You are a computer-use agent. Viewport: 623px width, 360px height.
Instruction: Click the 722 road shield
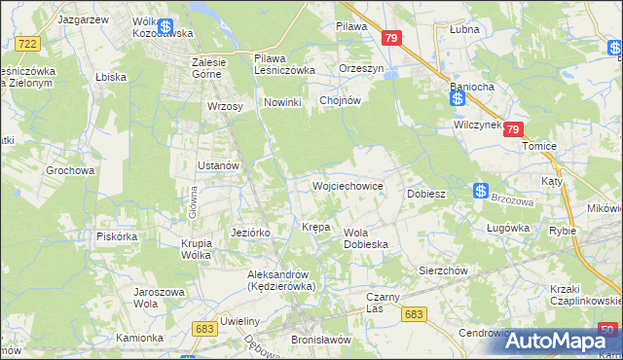27,44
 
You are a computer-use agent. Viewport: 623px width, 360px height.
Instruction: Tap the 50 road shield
608,329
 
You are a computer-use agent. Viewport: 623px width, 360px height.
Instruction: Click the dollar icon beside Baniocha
457,97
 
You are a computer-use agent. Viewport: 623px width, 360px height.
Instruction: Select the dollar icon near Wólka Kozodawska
165,27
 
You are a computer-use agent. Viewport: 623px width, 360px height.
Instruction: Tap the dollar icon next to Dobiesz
481,192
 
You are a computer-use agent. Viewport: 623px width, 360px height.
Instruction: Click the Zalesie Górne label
209,68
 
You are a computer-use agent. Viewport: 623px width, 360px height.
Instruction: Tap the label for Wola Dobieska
366,238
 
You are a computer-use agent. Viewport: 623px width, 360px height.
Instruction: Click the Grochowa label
70,170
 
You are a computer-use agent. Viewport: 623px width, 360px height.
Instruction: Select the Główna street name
194,204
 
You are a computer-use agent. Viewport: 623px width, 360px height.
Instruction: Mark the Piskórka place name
117,235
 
